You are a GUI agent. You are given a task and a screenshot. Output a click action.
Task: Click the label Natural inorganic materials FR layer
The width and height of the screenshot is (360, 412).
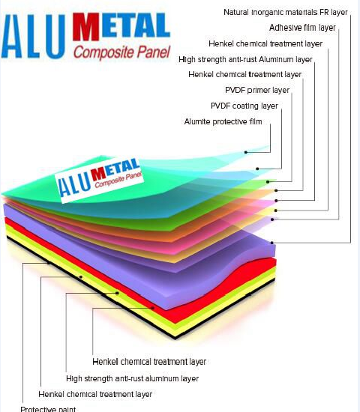pos(286,12)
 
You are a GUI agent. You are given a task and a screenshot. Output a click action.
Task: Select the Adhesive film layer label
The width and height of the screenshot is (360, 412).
pos(302,28)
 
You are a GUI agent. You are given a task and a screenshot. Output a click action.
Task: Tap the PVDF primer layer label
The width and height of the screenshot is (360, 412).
pos(257,90)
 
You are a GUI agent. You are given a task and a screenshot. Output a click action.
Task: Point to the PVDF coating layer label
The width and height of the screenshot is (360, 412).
pos(244,106)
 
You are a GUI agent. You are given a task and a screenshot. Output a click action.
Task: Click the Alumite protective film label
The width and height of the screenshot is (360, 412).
pos(223,121)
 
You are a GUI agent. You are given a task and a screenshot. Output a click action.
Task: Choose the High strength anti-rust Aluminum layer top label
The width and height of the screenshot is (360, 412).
pos(245,59)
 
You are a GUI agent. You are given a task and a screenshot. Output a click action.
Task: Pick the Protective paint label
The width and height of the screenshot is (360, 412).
pos(48,409)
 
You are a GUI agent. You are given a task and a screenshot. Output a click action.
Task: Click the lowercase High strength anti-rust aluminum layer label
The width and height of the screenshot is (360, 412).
pos(132,378)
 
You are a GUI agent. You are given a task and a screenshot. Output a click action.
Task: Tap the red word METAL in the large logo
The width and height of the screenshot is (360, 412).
pos(121,26)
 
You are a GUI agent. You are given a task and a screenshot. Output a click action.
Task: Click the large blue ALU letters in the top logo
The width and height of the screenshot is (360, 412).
pos(33,36)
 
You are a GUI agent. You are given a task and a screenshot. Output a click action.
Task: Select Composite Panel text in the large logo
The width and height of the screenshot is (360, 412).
pos(122,52)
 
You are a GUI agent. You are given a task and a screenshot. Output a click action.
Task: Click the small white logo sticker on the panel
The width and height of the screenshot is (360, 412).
pos(100,180)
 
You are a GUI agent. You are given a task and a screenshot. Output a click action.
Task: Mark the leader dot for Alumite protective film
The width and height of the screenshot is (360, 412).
pos(245,152)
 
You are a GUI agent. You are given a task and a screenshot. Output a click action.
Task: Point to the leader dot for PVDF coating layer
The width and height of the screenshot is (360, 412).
pos(257,169)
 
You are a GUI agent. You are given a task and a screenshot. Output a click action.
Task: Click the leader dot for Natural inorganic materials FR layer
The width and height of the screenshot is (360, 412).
pos(271,243)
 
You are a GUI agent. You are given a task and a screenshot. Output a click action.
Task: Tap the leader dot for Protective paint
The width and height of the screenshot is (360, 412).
pos(49,263)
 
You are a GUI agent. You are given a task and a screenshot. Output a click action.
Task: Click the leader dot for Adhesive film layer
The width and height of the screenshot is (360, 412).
pos(272,219)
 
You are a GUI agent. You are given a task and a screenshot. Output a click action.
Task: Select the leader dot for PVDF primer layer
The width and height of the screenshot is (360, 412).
pos(268,182)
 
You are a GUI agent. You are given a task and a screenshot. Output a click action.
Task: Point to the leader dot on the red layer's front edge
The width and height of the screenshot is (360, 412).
pos(152,308)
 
